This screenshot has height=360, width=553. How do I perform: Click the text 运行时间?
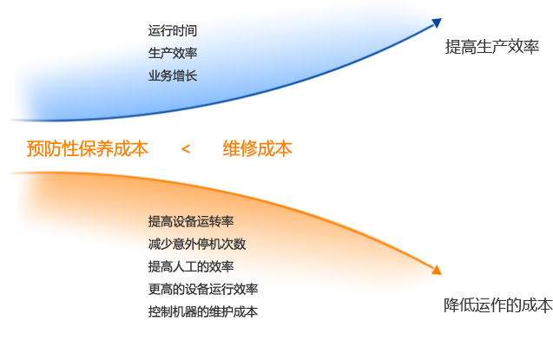tap(173, 30)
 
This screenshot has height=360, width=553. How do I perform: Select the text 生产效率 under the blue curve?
tap(173, 53)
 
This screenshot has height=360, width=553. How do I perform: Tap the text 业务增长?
tap(173, 75)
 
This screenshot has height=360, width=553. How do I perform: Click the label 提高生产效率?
tap(491, 47)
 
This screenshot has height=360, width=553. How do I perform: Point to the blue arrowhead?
tap(436, 23)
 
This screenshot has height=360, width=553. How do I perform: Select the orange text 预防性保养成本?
tap(88, 148)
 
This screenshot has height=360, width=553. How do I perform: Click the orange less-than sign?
tap(185, 149)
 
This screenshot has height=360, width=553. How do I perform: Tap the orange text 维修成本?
tap(257, 148)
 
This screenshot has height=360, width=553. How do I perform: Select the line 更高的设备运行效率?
tap(203, 289)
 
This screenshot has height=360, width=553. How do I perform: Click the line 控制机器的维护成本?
tap(203, 311)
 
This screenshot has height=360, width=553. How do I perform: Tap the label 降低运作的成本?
tap(497, 305)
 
